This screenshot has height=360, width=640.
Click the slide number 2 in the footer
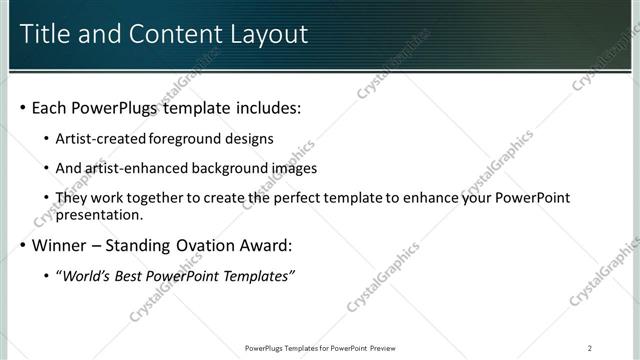pyautogui.click(x=590, y=348)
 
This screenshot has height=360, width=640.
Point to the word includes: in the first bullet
pyautogui.click(x=265, y=107)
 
